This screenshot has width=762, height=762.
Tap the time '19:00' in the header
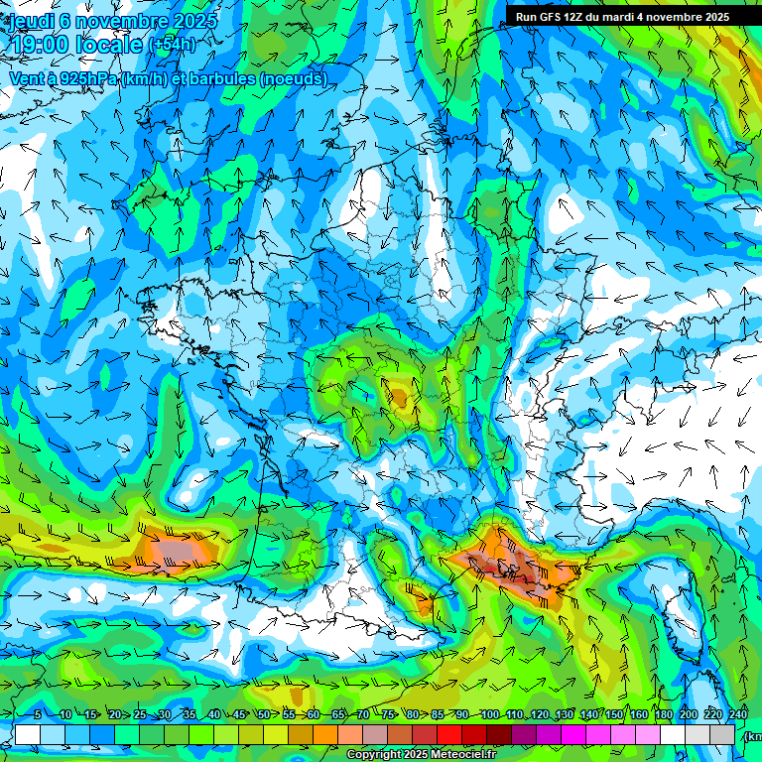click(38, 45)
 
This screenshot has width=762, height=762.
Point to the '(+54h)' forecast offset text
click(172, 46)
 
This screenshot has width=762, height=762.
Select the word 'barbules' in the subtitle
click(217, 78)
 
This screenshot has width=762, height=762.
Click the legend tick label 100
click(489, 715)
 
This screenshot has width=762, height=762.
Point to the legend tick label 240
click(738, 715)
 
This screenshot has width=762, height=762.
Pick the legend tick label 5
click(38, 715)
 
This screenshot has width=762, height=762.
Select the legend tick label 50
click(263, 715)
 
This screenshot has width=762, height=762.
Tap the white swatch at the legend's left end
click(27, 734)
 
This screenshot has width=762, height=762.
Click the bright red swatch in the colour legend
click(449, 734)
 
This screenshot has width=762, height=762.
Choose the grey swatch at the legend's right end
click(723, 734)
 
